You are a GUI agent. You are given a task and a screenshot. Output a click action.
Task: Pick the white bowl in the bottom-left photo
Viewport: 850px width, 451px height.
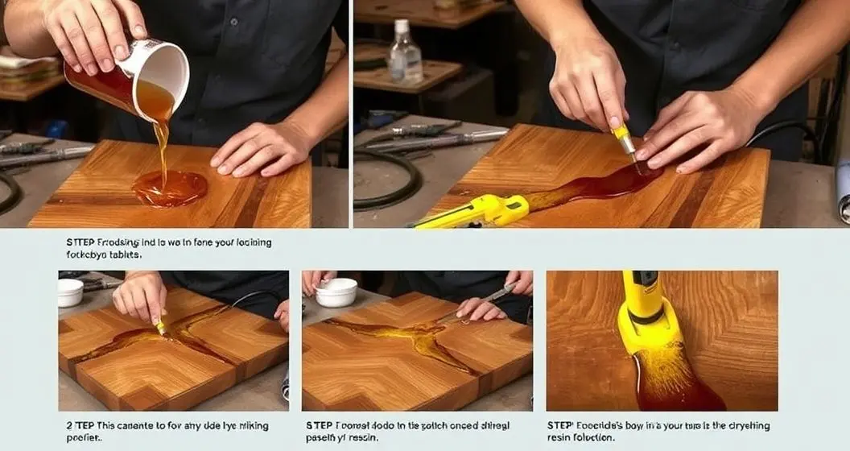(70, 292)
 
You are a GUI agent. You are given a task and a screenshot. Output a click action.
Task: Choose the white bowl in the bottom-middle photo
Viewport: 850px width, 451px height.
(336, 292)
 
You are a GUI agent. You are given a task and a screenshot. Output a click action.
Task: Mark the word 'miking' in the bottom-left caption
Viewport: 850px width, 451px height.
(248, 425)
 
